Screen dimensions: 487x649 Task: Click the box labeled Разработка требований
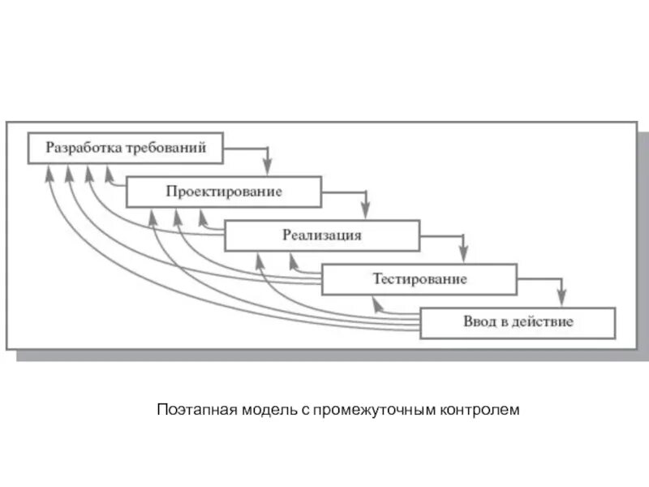(125, 149)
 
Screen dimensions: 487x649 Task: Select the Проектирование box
(223, 192)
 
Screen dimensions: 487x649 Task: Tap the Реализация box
(321, 235)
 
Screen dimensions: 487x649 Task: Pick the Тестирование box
(419, 279)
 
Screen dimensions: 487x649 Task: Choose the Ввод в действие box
(518, 322)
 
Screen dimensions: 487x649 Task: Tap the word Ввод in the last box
(479, 322)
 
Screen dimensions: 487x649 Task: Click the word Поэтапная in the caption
(191, 410)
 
